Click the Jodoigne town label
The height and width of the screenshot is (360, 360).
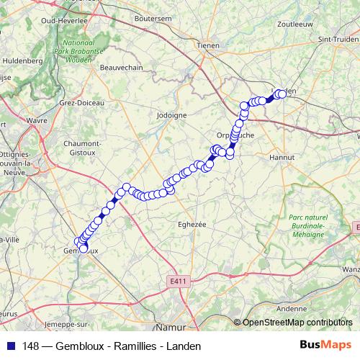point(171,114)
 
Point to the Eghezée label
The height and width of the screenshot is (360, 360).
point(192,224)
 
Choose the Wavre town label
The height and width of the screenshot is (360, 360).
point(36,121)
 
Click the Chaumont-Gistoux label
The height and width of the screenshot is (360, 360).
point(81,148)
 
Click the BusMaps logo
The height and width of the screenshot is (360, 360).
point(326,345)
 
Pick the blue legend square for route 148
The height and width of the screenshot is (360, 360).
point(10,346)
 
